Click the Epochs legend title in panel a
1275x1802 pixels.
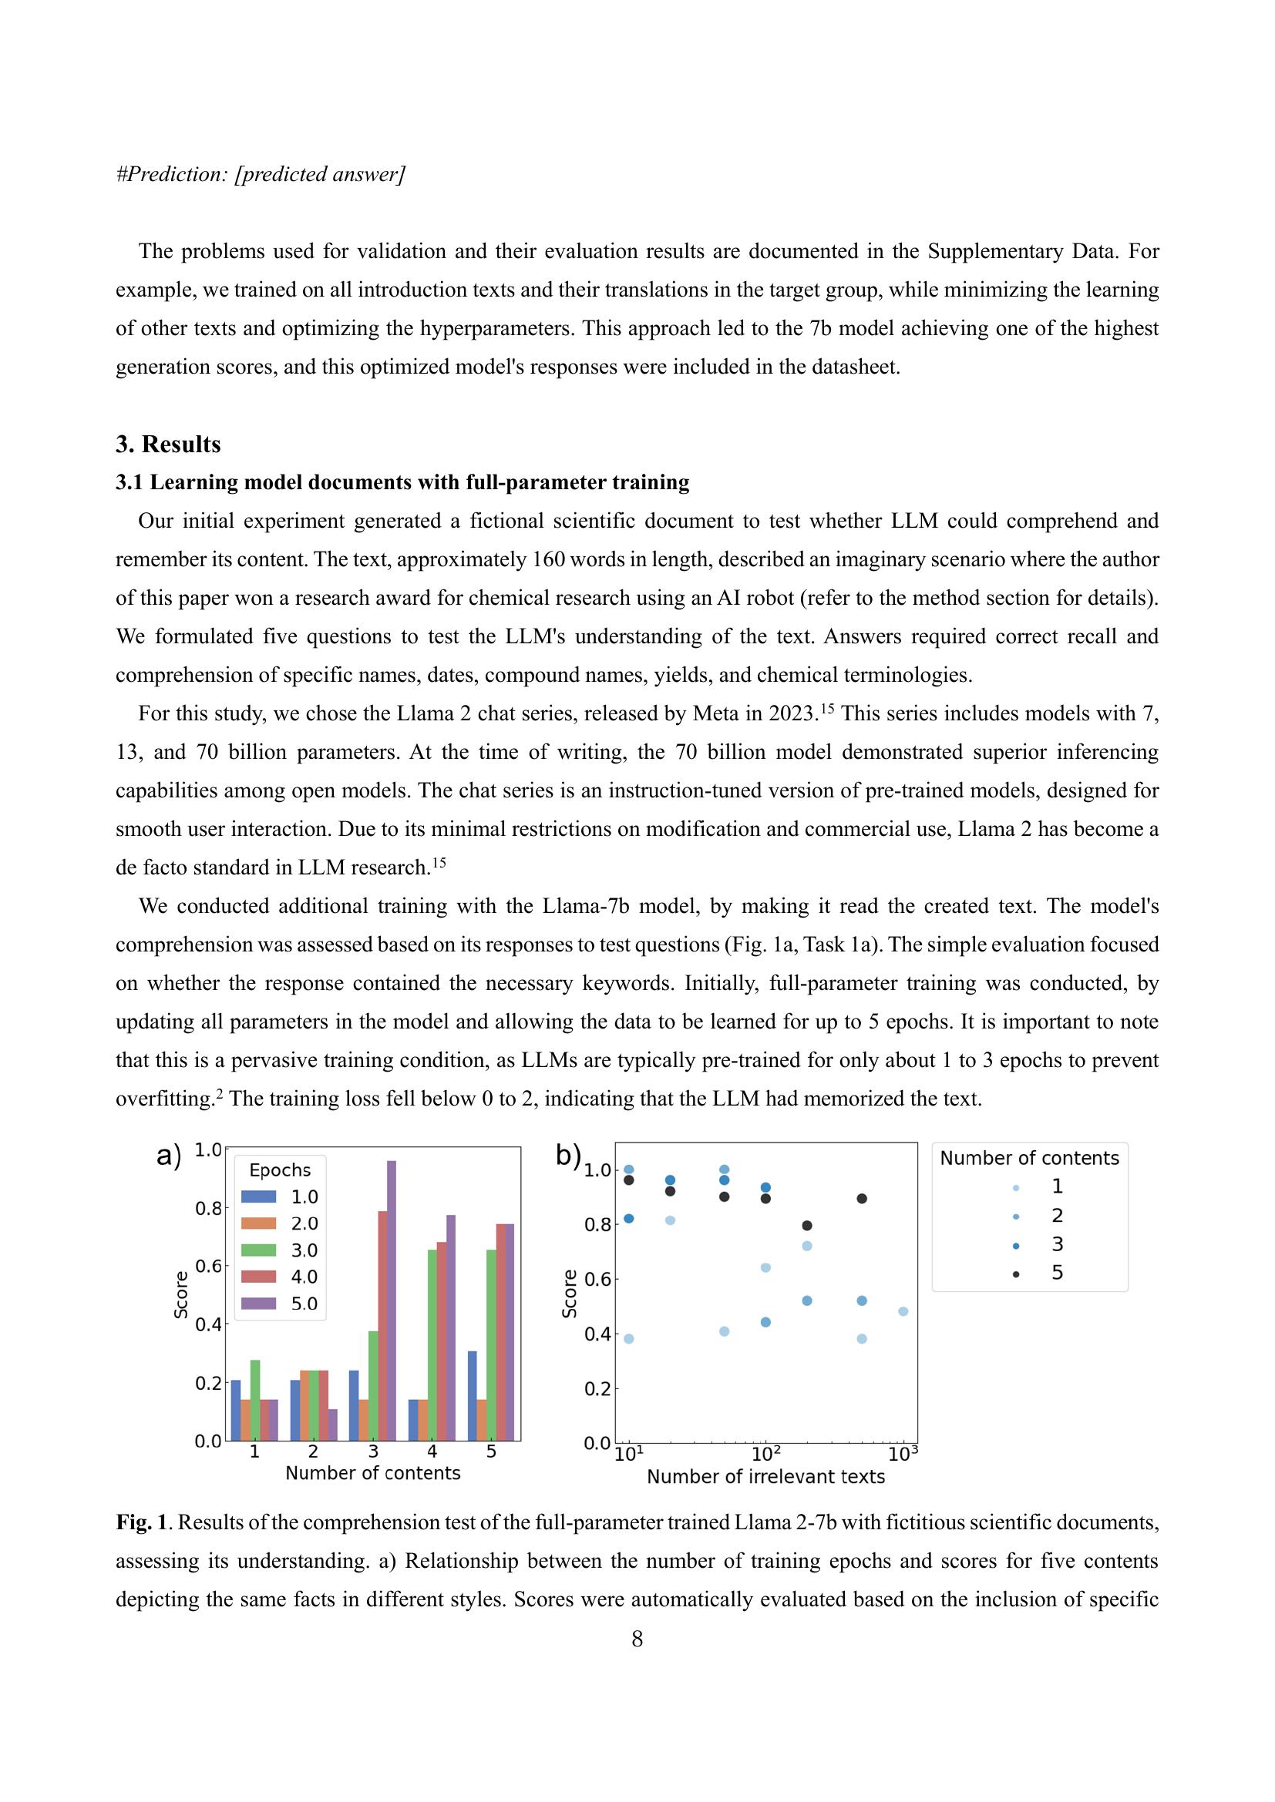[280, 1170]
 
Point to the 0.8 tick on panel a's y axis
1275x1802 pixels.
[208, 1209]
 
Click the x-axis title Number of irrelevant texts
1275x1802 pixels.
[765, 1477]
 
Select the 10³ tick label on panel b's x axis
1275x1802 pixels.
[903, 1455]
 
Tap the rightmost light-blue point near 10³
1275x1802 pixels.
[903, 1311]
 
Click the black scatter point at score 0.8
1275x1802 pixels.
[807, 1225]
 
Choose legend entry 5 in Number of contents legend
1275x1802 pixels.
[1057, 1272]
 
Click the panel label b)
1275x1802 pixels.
[567, 1155]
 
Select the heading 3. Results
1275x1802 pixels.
[168, 445]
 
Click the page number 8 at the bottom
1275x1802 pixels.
[637, 1639]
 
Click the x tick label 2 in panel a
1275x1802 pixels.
[313, 1452]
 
